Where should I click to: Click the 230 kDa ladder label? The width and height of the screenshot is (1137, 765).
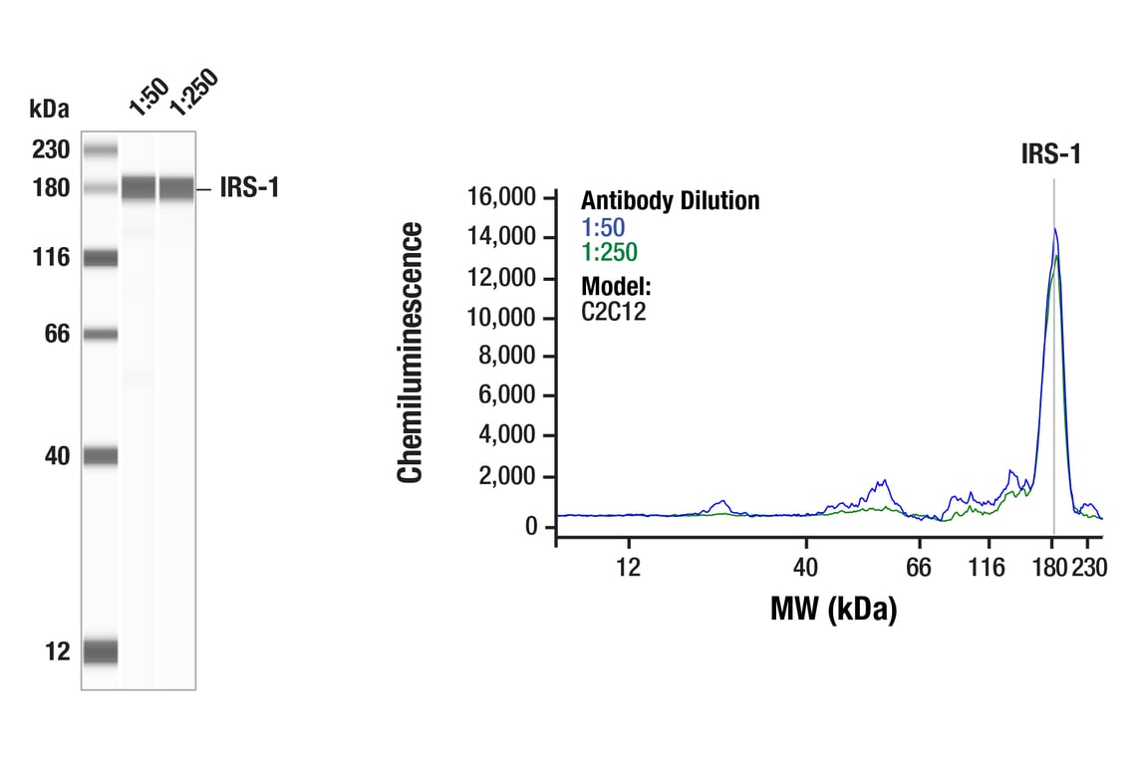[50, 150]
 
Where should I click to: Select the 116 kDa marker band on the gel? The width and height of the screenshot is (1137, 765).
[100, 259]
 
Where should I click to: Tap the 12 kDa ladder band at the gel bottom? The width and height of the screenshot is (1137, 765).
[100, 651]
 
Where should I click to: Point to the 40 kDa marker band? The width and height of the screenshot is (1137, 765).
[100, 456]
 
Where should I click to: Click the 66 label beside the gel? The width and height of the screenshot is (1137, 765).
[57, 334]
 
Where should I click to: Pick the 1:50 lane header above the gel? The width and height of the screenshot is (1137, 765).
[147, 97]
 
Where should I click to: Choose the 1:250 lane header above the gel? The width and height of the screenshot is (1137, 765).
[191, 93]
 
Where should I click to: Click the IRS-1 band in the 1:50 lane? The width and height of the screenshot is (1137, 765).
[139, 187]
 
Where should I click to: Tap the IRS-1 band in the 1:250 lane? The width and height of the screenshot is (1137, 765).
[176, 187]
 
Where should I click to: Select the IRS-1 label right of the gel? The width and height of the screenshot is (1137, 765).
[250, 187]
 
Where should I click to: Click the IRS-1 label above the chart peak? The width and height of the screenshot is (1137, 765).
[1051, 154]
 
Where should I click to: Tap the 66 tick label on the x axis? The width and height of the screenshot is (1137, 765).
[919, 568]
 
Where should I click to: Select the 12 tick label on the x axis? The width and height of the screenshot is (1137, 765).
[628, 568]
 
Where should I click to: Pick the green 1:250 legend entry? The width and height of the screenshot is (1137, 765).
[609, 252]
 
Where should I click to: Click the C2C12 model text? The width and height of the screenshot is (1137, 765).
[614, 311]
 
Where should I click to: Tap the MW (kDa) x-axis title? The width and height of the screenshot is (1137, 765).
[833, 608]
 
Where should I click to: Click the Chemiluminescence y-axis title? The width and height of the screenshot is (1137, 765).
[410, 353]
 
